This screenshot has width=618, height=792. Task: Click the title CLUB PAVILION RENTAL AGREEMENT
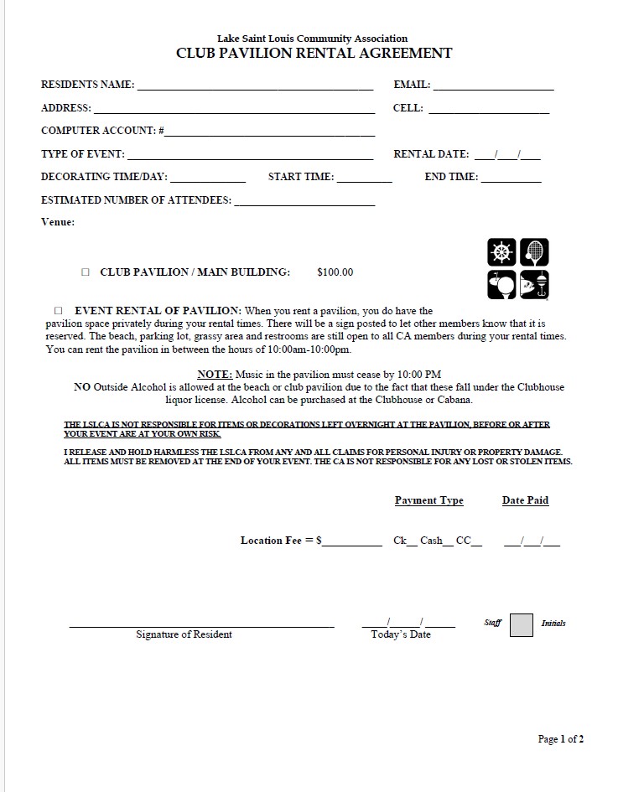point(314,54)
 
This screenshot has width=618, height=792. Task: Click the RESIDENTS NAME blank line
point(255,86)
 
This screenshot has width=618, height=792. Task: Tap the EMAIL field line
point(493,86)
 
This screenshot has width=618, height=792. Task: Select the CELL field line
point(489,110)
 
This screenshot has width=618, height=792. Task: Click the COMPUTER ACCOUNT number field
point(269,132)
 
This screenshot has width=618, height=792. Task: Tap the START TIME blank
point(364,179)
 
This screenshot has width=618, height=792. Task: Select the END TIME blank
point(511,179)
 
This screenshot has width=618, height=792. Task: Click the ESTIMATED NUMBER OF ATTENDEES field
point(304,202)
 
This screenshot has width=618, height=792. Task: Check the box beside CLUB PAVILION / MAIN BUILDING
point(86,272)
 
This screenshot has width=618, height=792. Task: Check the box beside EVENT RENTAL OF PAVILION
point(59,311)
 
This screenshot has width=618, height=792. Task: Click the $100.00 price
point(335,272)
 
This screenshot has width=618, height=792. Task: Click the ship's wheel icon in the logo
point(501,251)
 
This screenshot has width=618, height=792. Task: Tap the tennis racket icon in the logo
point(534,251)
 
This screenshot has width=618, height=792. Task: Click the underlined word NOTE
point(214,375)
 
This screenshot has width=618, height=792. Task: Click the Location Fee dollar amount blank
point(353,542)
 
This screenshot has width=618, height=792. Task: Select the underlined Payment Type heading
point(428,501)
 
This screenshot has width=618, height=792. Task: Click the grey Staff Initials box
point(522,625)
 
